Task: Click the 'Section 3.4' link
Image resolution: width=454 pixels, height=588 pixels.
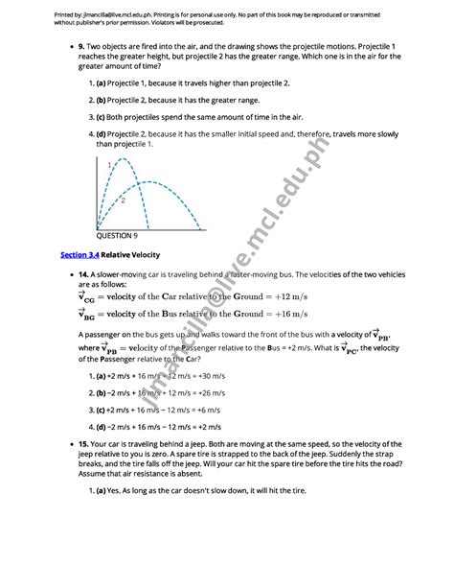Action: pyautogui.click(x=80, y=254)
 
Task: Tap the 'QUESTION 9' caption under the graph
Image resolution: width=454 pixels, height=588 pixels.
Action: pyautogui.click(x=117, y=234)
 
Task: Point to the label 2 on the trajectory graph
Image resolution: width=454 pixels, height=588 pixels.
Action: pyautogui.click(x=122, y=200)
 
